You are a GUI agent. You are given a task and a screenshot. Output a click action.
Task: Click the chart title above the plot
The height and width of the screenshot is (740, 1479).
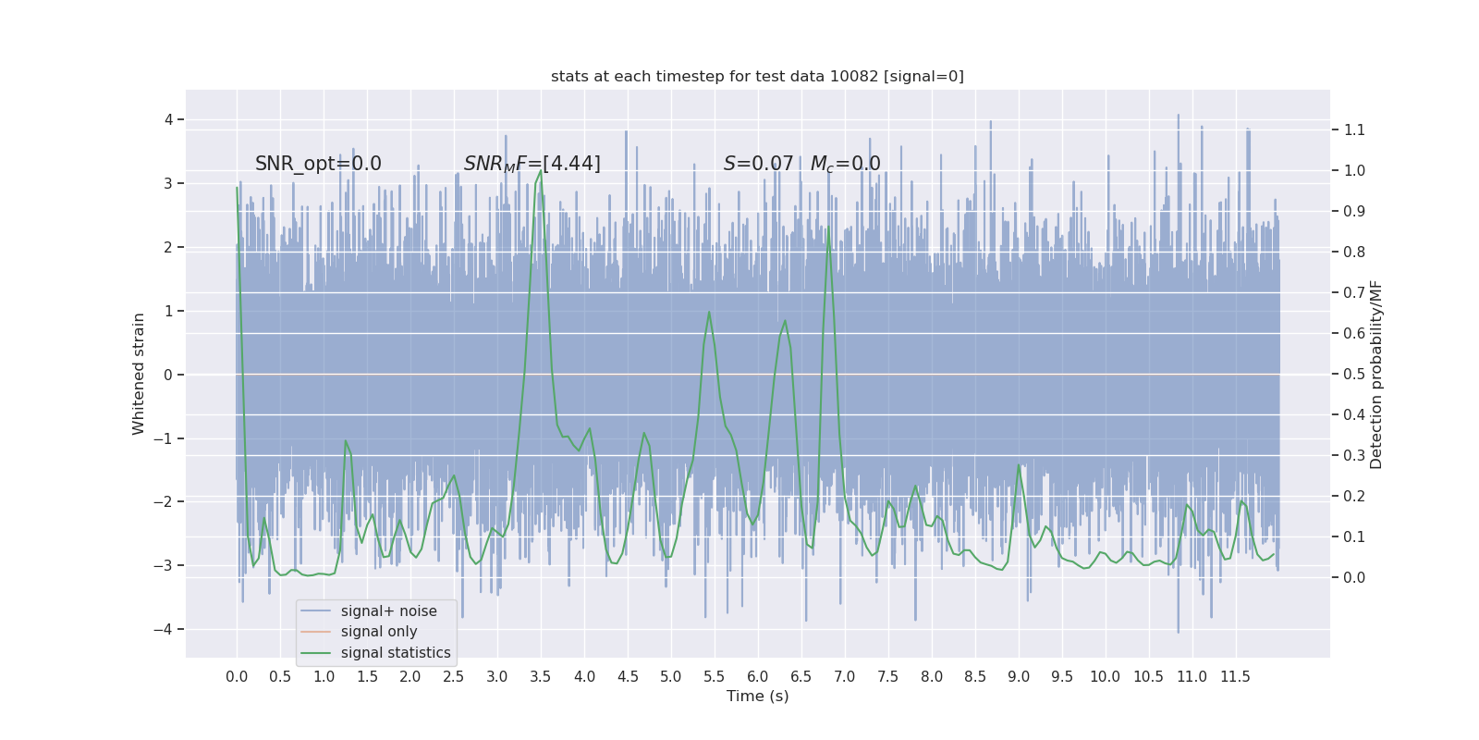tap(757, 76)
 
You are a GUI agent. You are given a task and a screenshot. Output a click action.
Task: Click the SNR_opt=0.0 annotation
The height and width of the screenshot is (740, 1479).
tap(318, 164)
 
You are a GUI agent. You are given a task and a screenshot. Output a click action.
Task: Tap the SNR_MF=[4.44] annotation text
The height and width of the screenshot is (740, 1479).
tap(532, 164)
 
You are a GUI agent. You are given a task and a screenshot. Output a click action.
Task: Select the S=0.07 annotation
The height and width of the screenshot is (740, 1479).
tap(758, 164)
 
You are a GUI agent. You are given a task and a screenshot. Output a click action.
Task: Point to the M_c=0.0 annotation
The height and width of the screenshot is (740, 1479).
tap(845, 164)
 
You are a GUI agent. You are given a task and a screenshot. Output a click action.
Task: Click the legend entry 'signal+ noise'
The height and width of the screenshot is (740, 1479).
tap(388, 610)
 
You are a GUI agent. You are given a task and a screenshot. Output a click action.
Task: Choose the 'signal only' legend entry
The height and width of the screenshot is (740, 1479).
tap(379, 632)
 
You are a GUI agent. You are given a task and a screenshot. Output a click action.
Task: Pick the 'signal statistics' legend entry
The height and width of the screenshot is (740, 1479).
tap(396, 653)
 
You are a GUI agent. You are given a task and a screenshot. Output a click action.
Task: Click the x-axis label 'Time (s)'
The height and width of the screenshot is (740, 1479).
tap(757, 696)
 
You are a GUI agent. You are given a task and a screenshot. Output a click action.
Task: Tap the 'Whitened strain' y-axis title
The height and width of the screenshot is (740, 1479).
tap(139, 374)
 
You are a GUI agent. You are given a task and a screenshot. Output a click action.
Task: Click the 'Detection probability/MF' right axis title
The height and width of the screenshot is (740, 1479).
tap(1375, 374)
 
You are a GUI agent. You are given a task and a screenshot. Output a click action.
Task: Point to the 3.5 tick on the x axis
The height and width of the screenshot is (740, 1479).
tap(541, 676)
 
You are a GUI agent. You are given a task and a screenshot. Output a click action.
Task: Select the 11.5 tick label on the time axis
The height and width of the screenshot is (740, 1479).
tap(1235, 676)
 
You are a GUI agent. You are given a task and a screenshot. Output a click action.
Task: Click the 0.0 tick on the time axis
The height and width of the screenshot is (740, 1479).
tap(237, 676)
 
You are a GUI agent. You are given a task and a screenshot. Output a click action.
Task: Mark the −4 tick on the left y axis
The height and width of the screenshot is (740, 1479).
tap(166, 629)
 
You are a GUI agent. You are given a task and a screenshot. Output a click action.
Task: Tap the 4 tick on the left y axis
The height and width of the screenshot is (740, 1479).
tap(169, 119)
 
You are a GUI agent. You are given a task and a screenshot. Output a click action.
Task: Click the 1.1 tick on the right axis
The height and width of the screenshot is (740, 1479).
tap(1354, 129)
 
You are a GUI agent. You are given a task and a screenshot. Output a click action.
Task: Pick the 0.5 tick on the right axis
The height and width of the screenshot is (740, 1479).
tap(1354, 374)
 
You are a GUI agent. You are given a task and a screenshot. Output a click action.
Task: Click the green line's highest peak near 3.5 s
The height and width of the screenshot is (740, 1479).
tap(541, 171)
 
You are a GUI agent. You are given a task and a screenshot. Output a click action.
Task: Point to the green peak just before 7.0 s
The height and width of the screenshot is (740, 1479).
tap(827, 228)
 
